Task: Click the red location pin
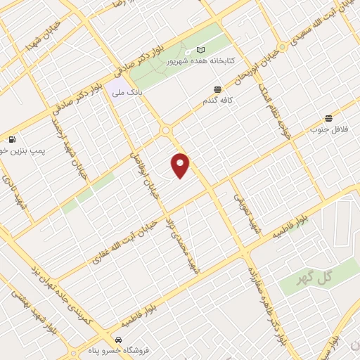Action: pos(181,165)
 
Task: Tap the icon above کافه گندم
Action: pos(217,90)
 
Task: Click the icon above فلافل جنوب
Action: pos(328,118)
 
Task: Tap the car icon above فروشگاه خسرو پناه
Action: pos(108,337)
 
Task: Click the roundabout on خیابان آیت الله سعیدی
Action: pos(283,47)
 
